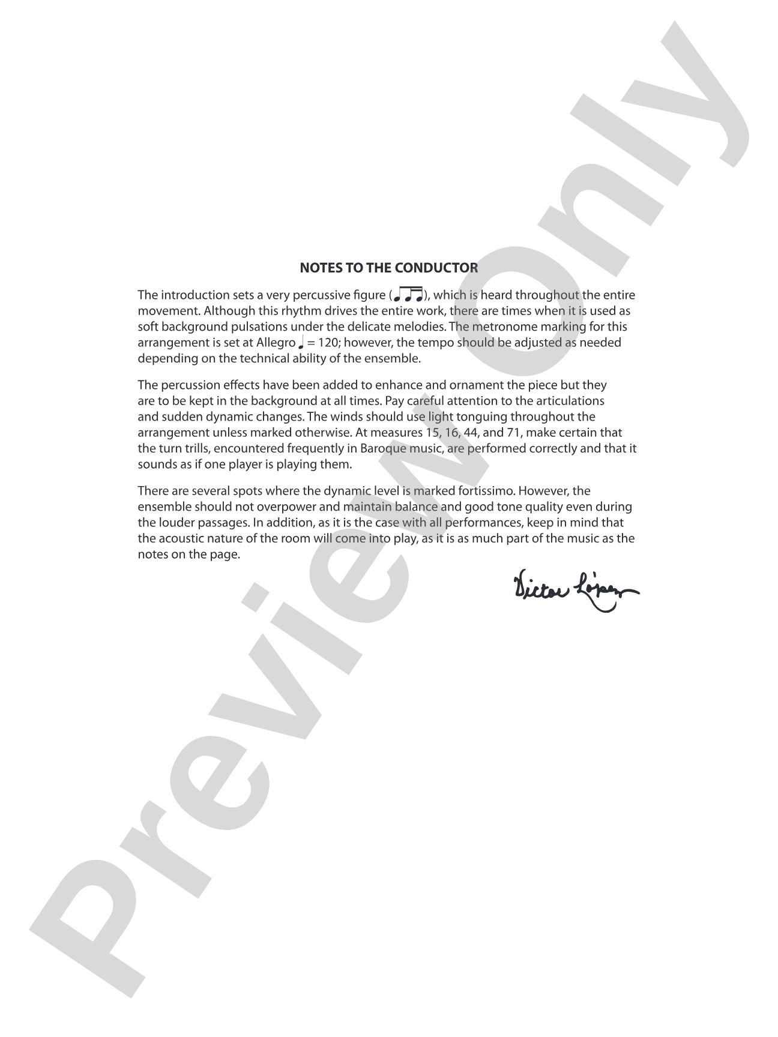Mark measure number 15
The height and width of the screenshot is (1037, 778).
pos(424,433)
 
